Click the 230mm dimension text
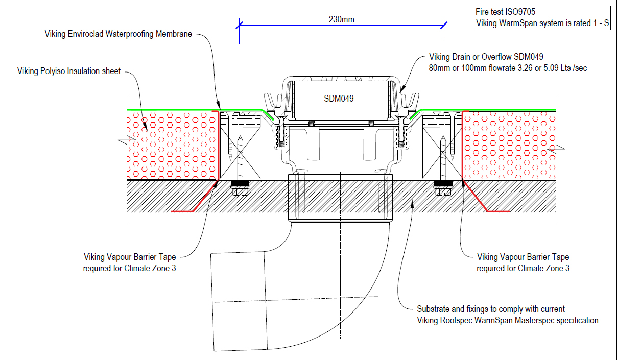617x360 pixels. [x=341, y=20]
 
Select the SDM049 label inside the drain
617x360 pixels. [x=339, y=99]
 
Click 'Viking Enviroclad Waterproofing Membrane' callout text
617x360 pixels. [x=118, y=34]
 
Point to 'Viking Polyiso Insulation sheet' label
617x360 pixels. [x=69, y=71]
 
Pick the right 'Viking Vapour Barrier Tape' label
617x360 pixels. [x=523, y=257]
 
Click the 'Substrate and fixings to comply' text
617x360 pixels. [x=490, y=309]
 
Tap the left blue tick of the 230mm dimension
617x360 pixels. [x=239, y=24]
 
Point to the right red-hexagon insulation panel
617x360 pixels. [x=508, y=146]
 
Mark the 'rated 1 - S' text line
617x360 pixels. [x=541, y=23]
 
